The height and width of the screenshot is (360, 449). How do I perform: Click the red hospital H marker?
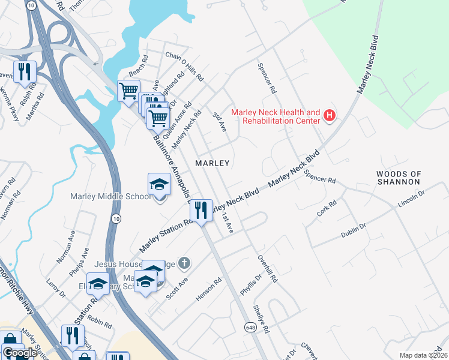[329, 116]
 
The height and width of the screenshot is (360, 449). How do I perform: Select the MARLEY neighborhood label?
[212, 163]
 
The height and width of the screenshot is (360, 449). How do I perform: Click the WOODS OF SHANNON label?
[398, 178]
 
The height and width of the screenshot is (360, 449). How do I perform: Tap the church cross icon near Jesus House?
[184, 263]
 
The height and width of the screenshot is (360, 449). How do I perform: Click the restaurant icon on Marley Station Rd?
[200, 210]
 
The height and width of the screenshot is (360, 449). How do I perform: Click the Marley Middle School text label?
[110, 196]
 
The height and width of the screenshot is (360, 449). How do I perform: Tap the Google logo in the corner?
[20, 353]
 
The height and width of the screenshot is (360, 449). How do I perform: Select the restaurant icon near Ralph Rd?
[25, 71]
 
